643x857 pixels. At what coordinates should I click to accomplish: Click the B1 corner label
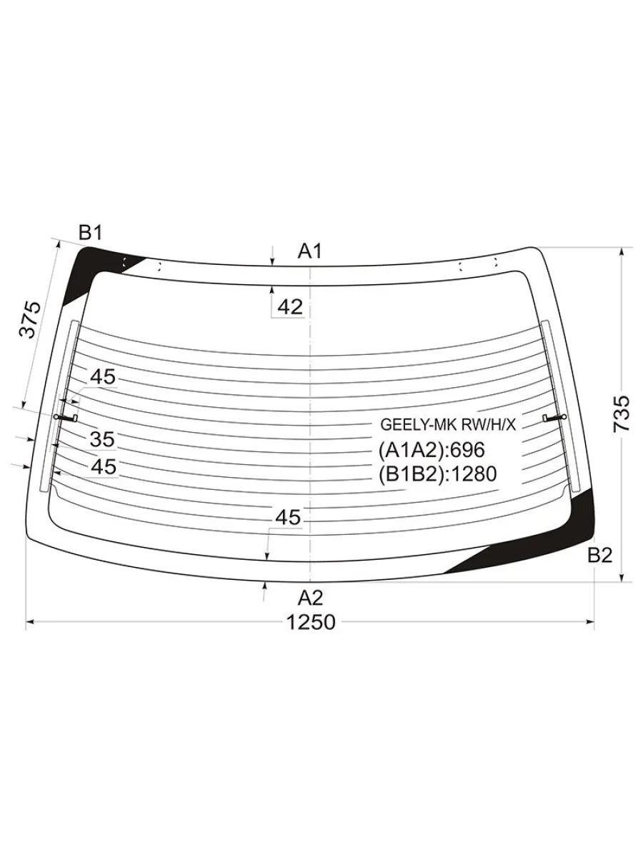point(90,233)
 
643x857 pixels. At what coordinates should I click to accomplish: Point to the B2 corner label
point(599,555)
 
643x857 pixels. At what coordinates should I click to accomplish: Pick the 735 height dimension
point(622,414)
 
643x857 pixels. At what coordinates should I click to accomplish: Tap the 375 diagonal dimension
point(30,319)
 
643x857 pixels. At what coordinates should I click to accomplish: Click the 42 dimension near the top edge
point(290,307)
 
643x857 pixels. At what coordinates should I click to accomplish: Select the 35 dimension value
point(102,439)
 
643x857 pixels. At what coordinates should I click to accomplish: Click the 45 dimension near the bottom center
point(288,517)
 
